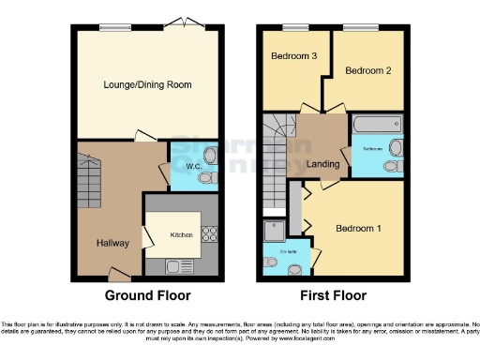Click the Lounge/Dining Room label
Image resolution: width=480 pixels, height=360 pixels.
click(x=147, y=84)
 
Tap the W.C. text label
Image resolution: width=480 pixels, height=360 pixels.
click(x=194, y=168)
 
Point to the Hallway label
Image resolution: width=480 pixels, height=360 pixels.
click(x=112, y=243)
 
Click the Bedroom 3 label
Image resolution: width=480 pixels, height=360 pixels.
click(x=293, y=56)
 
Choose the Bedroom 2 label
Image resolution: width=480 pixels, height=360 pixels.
click(x=367, y=70)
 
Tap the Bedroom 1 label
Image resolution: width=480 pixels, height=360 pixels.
click(x=358, y=228)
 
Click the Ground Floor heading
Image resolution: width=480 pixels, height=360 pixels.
click(x=146, y=294)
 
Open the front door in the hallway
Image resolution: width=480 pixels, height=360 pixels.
click(x=118, y=274)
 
